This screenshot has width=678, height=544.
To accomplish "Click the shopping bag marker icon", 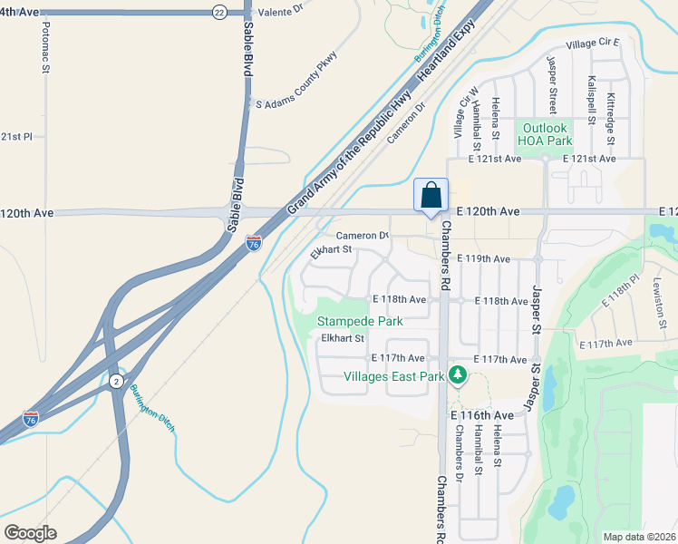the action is pos(431,195).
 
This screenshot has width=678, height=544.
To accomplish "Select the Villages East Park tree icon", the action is pos(458,374).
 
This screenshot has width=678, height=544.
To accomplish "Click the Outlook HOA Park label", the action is pos(544,134).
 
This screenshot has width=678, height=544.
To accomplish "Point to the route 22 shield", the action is pos(218,12).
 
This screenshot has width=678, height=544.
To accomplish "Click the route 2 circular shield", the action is pos(116,382).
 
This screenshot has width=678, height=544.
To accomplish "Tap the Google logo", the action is pos(30,533).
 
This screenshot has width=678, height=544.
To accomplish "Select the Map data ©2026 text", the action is pos(638,537).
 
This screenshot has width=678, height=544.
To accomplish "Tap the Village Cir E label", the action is pos(592,43).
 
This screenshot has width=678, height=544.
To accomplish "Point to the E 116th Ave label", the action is pos(482,415).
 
